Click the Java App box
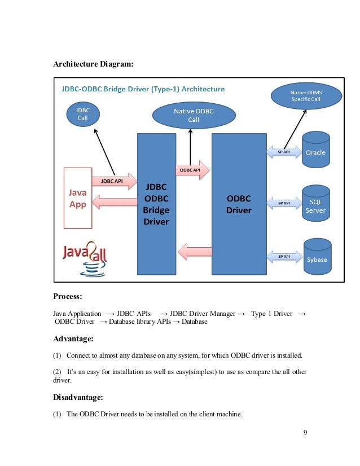77,197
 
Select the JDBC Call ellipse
83,114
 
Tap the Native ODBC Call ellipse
194,116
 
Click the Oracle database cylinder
315,149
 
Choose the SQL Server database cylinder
315,203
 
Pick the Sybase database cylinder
316,256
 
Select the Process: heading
69,296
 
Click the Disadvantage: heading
78,398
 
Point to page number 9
305,433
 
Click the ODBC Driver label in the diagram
239,204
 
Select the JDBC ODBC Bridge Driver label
156,204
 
